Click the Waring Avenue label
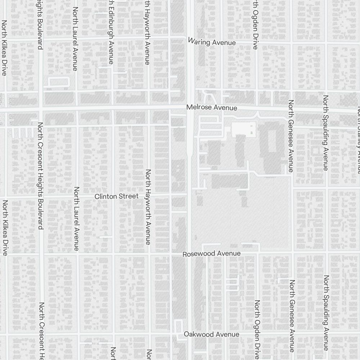pos(212,42)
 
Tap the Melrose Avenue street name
pos(212,108)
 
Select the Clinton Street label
pos(116,196)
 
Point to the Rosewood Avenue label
pos(211,254)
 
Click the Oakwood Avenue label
pos(211,334)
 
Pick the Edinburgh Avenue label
pos(111,32)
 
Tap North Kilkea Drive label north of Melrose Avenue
pos(4,48)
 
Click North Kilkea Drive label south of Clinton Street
pos(5,228)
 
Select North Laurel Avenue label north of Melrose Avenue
pos(75,39)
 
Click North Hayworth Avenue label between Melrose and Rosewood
pos(148,207)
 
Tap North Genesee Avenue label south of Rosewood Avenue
pos(292,316)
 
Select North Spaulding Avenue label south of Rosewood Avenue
pos(326,312)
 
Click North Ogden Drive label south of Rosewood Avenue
pos(257,329)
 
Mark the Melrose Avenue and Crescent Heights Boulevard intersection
pos(41,108)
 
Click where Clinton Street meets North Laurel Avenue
pos(77,197)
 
